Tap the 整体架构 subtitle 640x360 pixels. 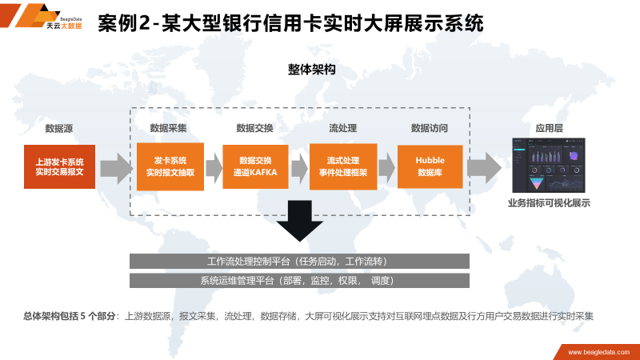click(311, 70)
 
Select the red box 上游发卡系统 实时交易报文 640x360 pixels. click(59, 166)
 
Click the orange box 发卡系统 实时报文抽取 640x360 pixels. click(170, 166)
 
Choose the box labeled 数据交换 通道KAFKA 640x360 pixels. click(255, 166)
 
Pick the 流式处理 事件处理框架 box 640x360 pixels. click(342, 166)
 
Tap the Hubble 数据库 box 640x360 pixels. click(430, 166)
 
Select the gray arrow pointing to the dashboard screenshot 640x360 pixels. click(485, 167)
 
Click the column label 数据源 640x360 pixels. click(59, 128)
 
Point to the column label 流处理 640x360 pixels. click(342, 128)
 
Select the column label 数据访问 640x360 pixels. click(430, 128)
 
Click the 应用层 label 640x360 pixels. click(549, 128)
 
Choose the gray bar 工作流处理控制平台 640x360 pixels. click(299, 262)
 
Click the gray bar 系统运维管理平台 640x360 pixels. click(299, 281)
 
